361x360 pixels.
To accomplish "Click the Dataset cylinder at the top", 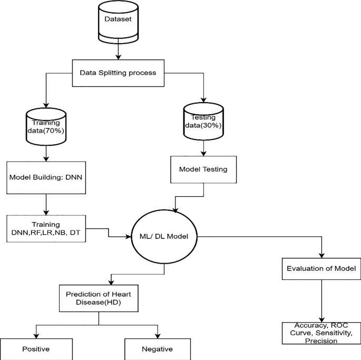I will [x=118, y=24].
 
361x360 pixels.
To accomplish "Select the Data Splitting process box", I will [x=118, y=73].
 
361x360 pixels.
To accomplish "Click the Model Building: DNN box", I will [x=47, y=176].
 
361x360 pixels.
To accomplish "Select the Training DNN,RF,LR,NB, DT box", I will [x=47, y=227].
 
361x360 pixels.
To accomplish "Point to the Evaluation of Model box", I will [x=321, y=268].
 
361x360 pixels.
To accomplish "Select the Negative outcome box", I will [x=157, y=349].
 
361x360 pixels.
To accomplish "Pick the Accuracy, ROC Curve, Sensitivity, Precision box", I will [x=321, y=334].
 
